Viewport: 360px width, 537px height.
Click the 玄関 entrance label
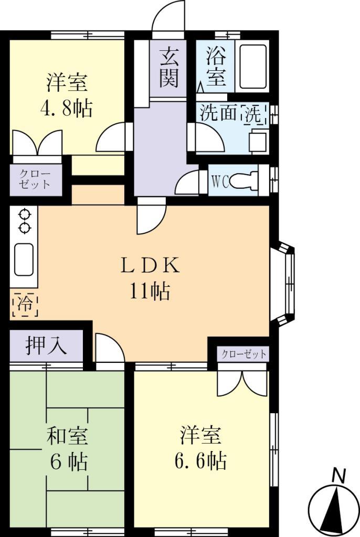click(x=168, y=67)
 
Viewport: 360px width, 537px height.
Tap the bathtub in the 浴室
click(x=251, y=67)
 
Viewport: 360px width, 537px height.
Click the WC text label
click(x=220, y=181)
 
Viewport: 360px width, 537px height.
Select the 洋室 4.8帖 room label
click(x=66, y=96)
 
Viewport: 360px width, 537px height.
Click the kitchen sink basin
click(x=24, y=259)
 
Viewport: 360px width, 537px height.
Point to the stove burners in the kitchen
click(x=24, y=220)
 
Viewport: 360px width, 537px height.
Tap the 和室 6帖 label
click(x=68, y=449)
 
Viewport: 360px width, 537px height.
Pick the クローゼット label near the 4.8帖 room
click(x=35, y=179)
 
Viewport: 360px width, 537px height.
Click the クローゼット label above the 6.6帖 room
click(x=243, y=354)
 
